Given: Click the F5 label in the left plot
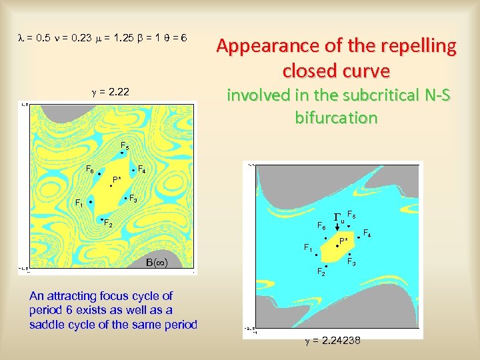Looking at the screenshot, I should pyautogui.click(x=125, y=145).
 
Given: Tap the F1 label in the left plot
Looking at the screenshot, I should pyautogui.click(x=79, y=203).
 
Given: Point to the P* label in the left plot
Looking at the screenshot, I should pyautogui.click(x=117, y=179).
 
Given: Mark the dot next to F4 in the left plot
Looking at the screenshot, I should pyautogui.click(x=133, y=171).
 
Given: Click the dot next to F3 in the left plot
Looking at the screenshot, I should pyautogui.click(x=125, y=199).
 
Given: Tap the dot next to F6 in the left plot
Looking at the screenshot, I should pyautogui.click(x=99, y=174).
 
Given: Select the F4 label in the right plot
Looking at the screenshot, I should pyautogui.click(x=367, y=232).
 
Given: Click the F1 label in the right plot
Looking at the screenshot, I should pyautogui.click(x=307, y=248).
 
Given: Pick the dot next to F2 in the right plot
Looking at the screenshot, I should pyautogui.click(x=327, y=265).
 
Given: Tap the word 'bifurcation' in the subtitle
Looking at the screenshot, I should pyautogui.click(x=336, y=118).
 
